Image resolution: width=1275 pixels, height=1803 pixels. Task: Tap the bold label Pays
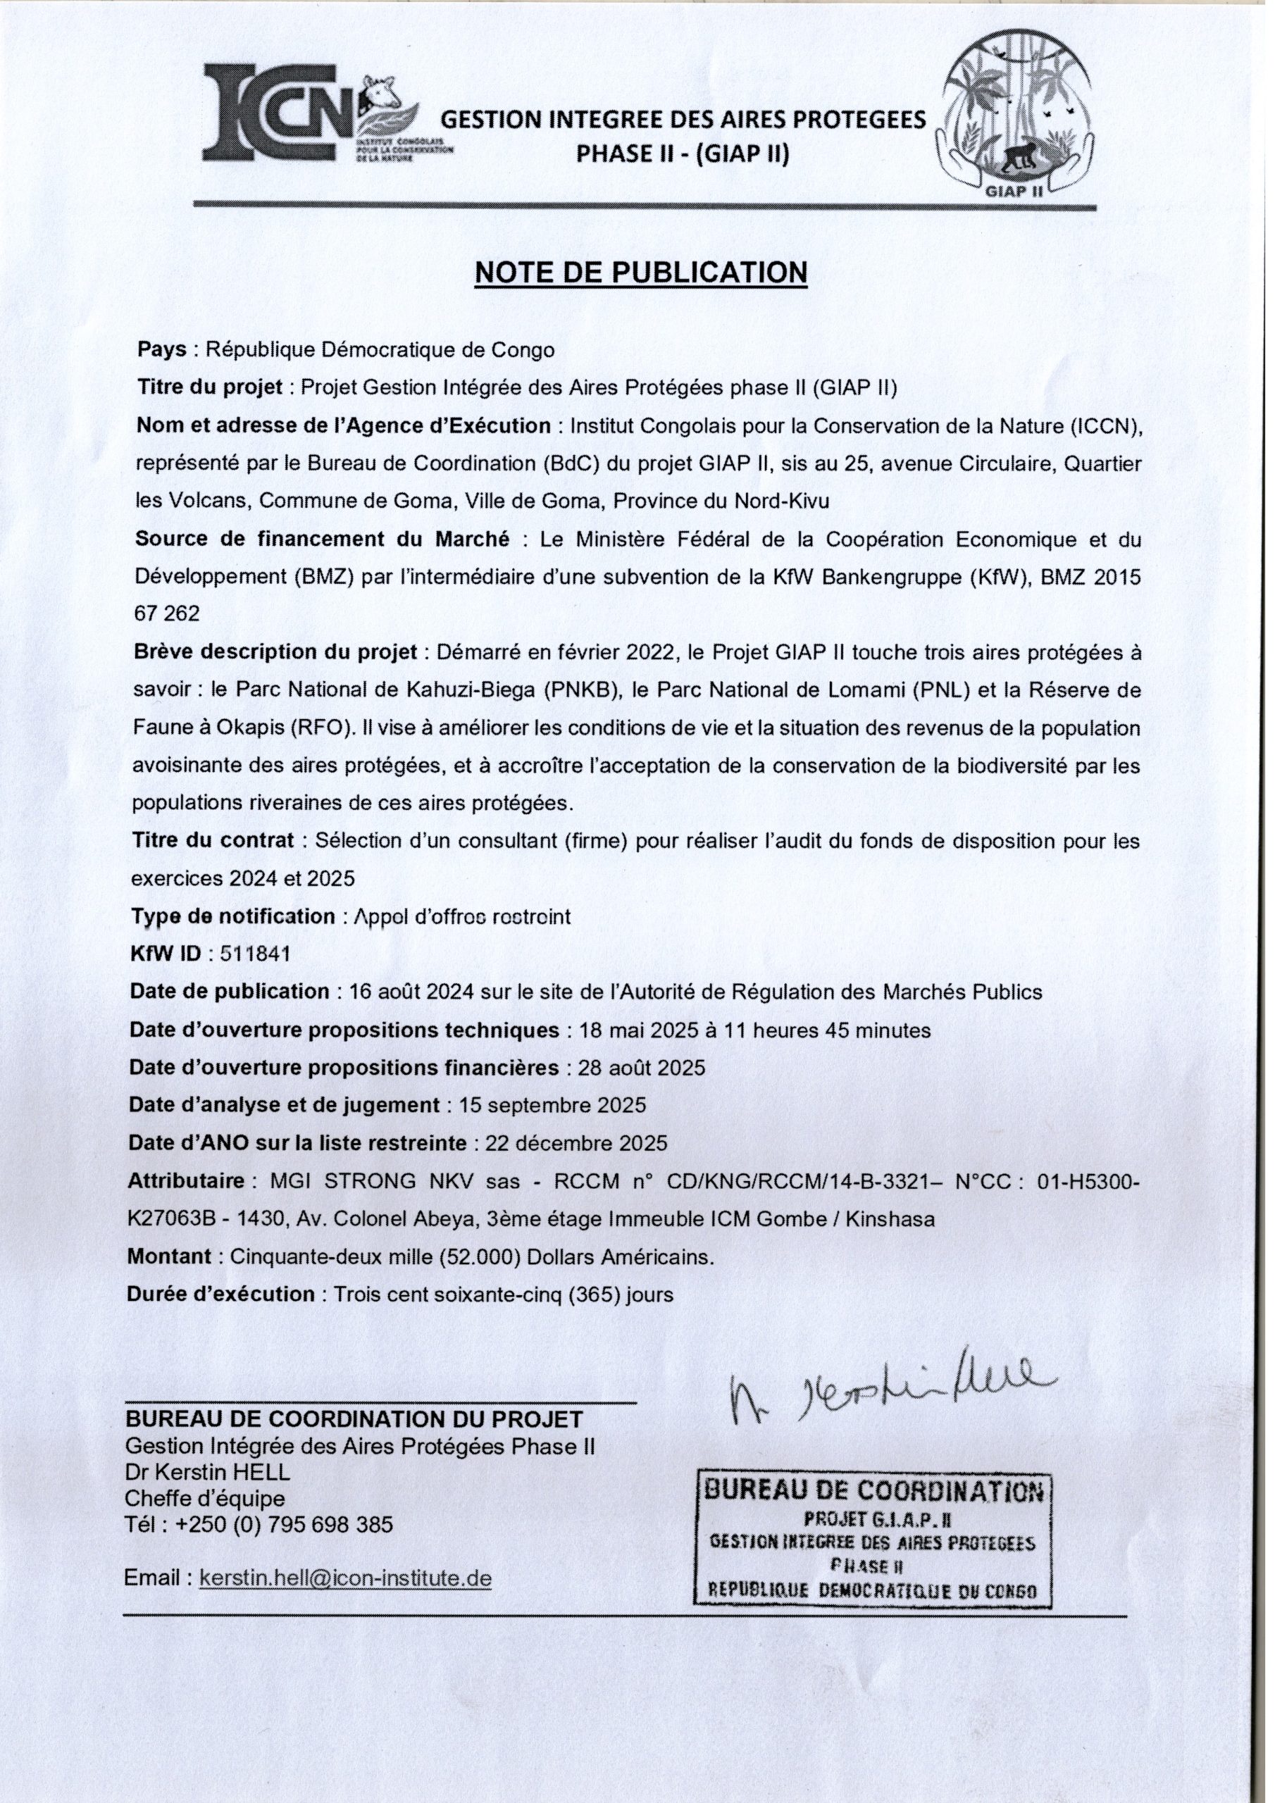161,349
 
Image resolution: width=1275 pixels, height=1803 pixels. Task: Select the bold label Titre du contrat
213,840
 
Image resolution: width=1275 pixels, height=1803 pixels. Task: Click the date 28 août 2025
641,1068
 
